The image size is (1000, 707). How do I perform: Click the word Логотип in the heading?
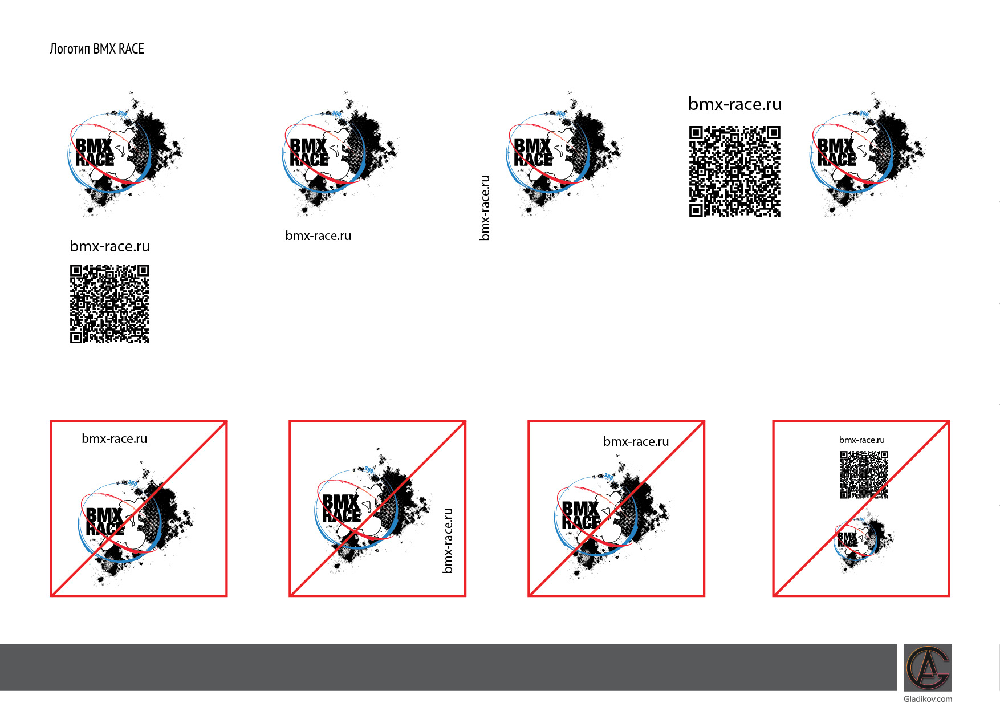point(70,49)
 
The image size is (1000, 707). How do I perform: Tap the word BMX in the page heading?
point(104,49)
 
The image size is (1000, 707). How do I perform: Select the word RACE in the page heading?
point(131,49)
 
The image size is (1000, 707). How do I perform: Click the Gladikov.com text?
point(928,699)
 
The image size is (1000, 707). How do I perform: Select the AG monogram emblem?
point(928,667)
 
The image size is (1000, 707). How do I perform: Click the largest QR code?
point(734,172)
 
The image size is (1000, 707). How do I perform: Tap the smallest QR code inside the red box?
point(864,475)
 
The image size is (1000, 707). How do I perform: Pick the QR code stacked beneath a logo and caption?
point(109,303)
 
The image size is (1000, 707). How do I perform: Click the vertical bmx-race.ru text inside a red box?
point(448,541)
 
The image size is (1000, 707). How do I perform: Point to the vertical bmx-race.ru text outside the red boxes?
point(485,208)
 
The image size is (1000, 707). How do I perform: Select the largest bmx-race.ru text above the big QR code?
point(735,104)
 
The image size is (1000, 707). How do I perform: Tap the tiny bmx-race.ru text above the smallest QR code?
point(861,440)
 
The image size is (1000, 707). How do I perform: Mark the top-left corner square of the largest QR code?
point(696,133)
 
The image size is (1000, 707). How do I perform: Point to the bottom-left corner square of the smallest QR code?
point(844,494)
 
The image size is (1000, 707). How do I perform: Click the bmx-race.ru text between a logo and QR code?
point(109,246)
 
